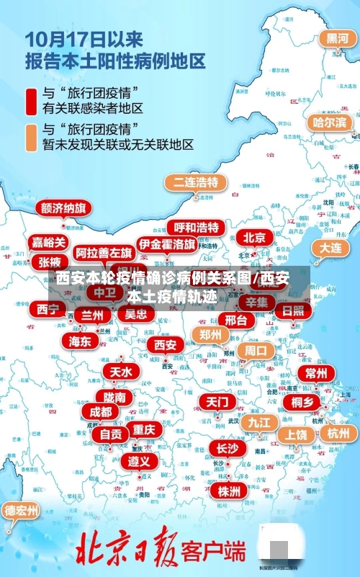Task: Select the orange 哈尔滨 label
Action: pos(329,122)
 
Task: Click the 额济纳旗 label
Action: pos(64,208)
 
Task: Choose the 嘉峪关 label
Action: pos(49,242)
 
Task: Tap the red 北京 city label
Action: pos(254,237)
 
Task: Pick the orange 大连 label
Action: pos(330,247)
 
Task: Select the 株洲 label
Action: pos(229,470)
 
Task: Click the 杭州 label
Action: pos(338,433)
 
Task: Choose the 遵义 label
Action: pos(139,460)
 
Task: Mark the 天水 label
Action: pos(121,372)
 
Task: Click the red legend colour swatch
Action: pos(31,101)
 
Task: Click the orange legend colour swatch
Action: pos(31,136)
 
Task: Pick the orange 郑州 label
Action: pos(210,334)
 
